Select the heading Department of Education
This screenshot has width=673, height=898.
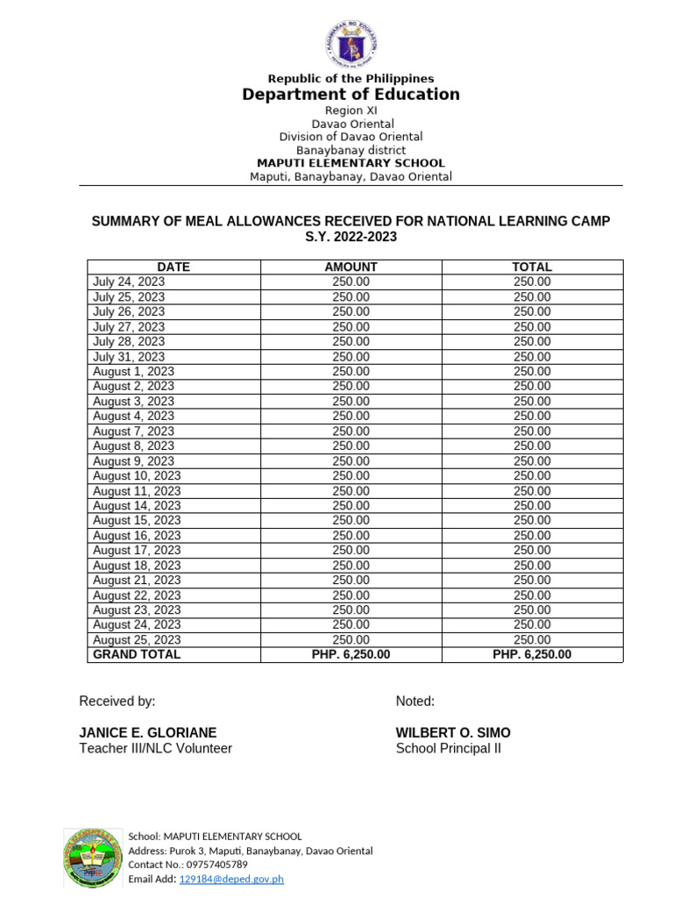[351, 95]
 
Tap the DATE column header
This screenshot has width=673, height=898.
[174, 267]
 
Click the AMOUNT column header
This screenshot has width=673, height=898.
[351, 267]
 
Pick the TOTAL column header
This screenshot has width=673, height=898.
[532, 267]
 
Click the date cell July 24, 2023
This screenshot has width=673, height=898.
[129, 282]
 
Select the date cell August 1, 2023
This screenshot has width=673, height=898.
[133, 372]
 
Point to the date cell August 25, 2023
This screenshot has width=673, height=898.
[137, 640]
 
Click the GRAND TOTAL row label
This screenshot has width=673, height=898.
[137, 655]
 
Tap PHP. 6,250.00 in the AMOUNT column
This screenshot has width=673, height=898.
[351, 655]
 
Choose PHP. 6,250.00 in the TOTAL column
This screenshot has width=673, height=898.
[532, 655]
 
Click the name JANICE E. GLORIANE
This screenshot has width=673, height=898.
[148, 733]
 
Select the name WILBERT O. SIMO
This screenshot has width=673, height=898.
[453, 733]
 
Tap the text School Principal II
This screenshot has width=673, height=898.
[448, 749]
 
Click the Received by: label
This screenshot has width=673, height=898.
[117, 702]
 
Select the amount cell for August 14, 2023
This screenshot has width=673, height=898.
[351, 506]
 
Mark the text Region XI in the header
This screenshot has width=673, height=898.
[351, 110]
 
